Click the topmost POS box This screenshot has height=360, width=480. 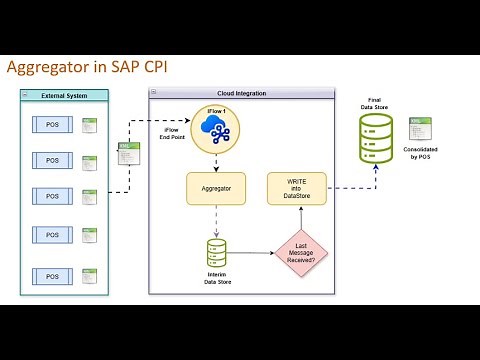(52, 124)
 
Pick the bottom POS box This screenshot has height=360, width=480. (52, 274)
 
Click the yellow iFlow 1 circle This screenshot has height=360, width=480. (215, 129)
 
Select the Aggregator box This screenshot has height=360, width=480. (216, 187)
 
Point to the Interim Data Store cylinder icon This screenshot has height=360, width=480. (216, 252)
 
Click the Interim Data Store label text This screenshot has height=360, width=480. (216, 282)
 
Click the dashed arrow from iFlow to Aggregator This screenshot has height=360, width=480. (216, 163)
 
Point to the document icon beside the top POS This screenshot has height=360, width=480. (89, 126)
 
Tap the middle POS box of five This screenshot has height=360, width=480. (52, 194)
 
